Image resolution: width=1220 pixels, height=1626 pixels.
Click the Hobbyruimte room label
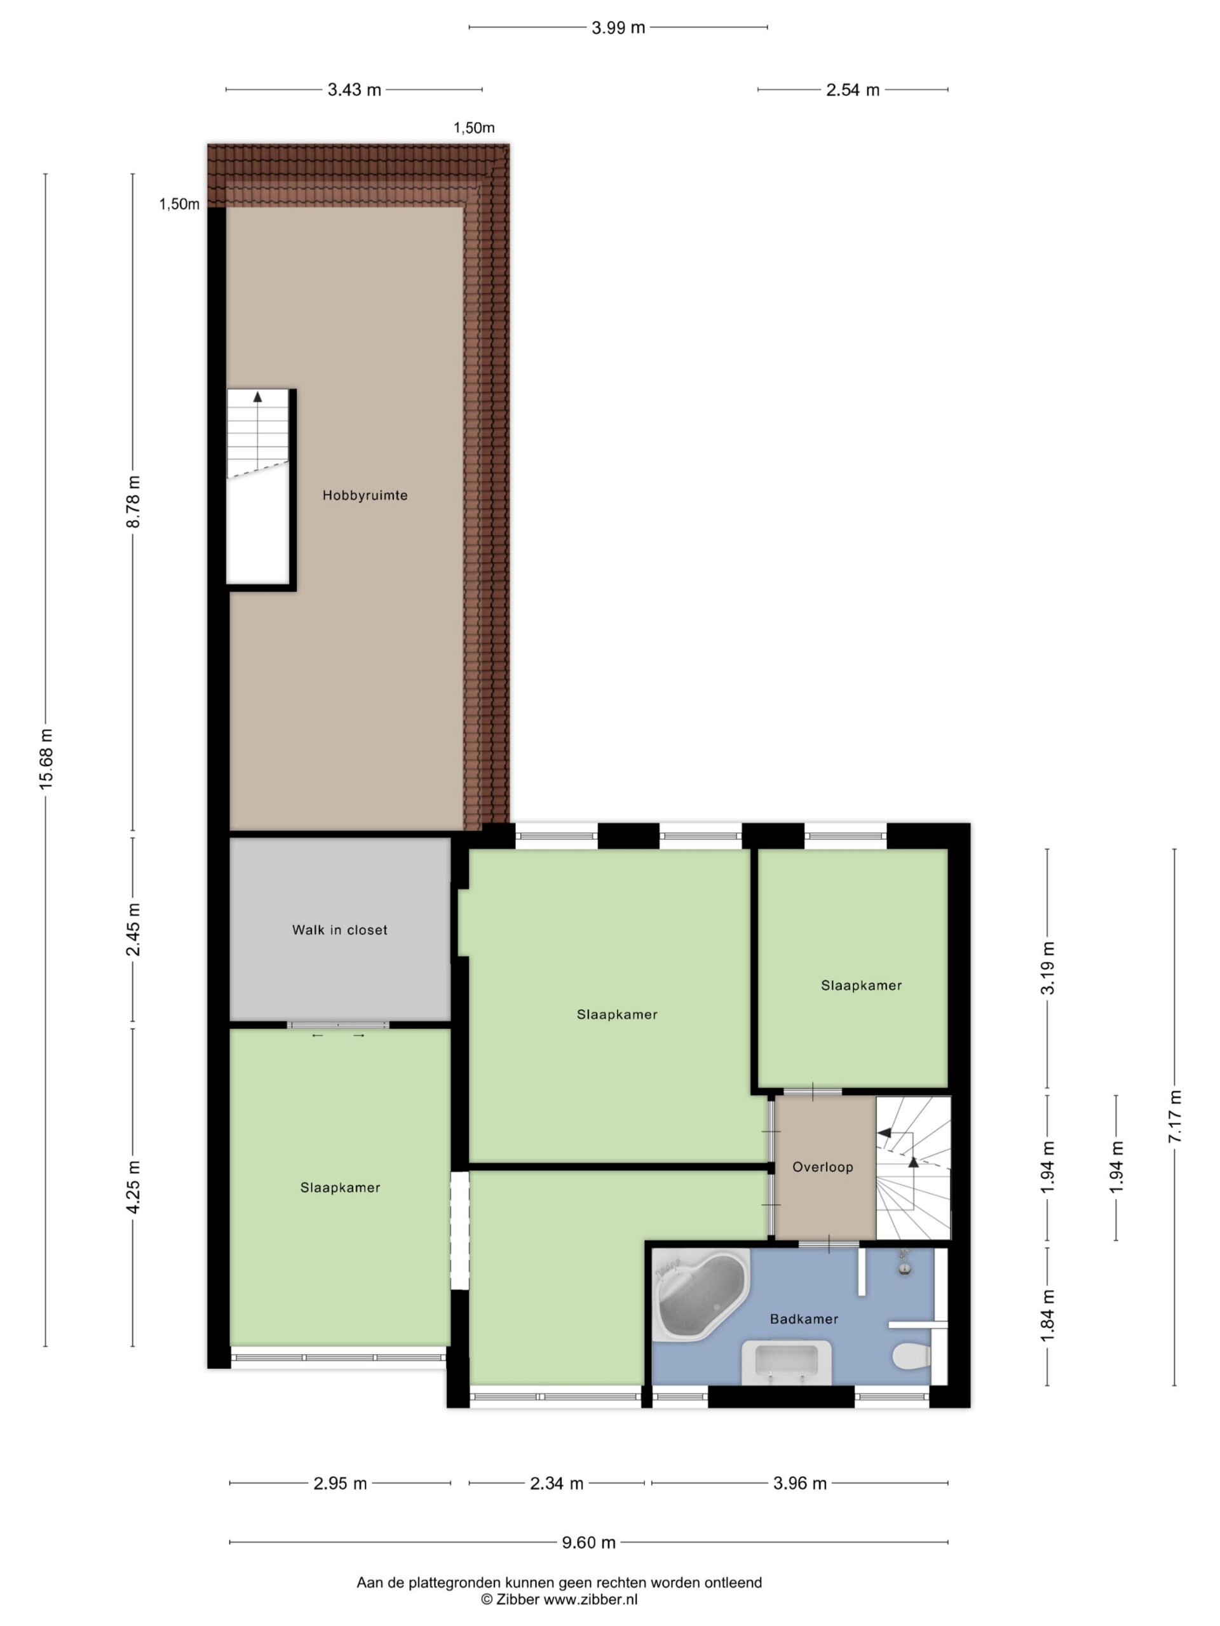365,495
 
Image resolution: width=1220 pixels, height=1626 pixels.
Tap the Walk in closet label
340,930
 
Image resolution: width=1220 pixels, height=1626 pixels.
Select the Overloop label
823,1167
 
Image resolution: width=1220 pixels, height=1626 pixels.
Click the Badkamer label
804,1319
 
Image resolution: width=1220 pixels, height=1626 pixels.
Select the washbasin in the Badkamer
786,1362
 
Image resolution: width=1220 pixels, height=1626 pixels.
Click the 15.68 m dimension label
46,760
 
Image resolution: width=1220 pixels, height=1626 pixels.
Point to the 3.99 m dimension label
618,28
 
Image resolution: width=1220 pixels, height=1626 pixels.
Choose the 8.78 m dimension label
133,501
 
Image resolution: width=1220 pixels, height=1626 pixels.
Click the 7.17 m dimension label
1174,1116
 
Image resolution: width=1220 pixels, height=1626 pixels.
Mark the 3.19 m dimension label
1048,968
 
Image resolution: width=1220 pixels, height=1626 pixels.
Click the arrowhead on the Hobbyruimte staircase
257,397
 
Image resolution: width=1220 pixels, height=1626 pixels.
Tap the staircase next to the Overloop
913,1167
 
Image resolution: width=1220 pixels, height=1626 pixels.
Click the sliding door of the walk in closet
337,1025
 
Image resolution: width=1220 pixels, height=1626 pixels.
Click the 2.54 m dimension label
853,90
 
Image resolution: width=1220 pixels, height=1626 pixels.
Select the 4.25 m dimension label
133,1188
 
